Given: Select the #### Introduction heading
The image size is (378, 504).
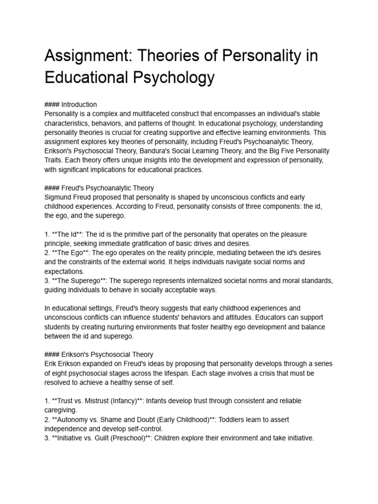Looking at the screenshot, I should point(71,104).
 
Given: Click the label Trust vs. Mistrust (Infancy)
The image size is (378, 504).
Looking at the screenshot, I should point(98,401).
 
